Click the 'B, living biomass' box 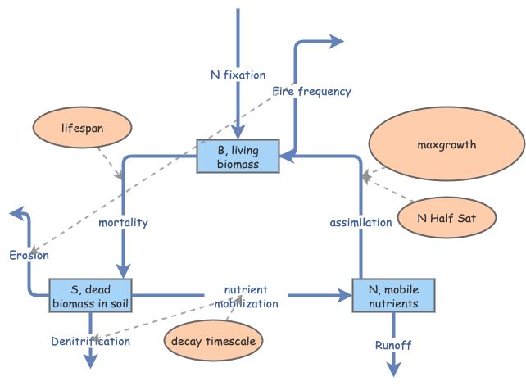point(238,156)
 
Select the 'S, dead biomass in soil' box point(90,295)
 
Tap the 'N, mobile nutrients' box point(392,295)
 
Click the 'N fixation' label point(238,76)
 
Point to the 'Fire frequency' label point(311,91)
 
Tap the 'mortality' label point(123,222)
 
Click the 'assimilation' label point(361,222)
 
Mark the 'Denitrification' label point(90,341)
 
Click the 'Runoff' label point(393,345)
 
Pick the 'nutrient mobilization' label point(247,297)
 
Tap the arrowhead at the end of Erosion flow point(15,214)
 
